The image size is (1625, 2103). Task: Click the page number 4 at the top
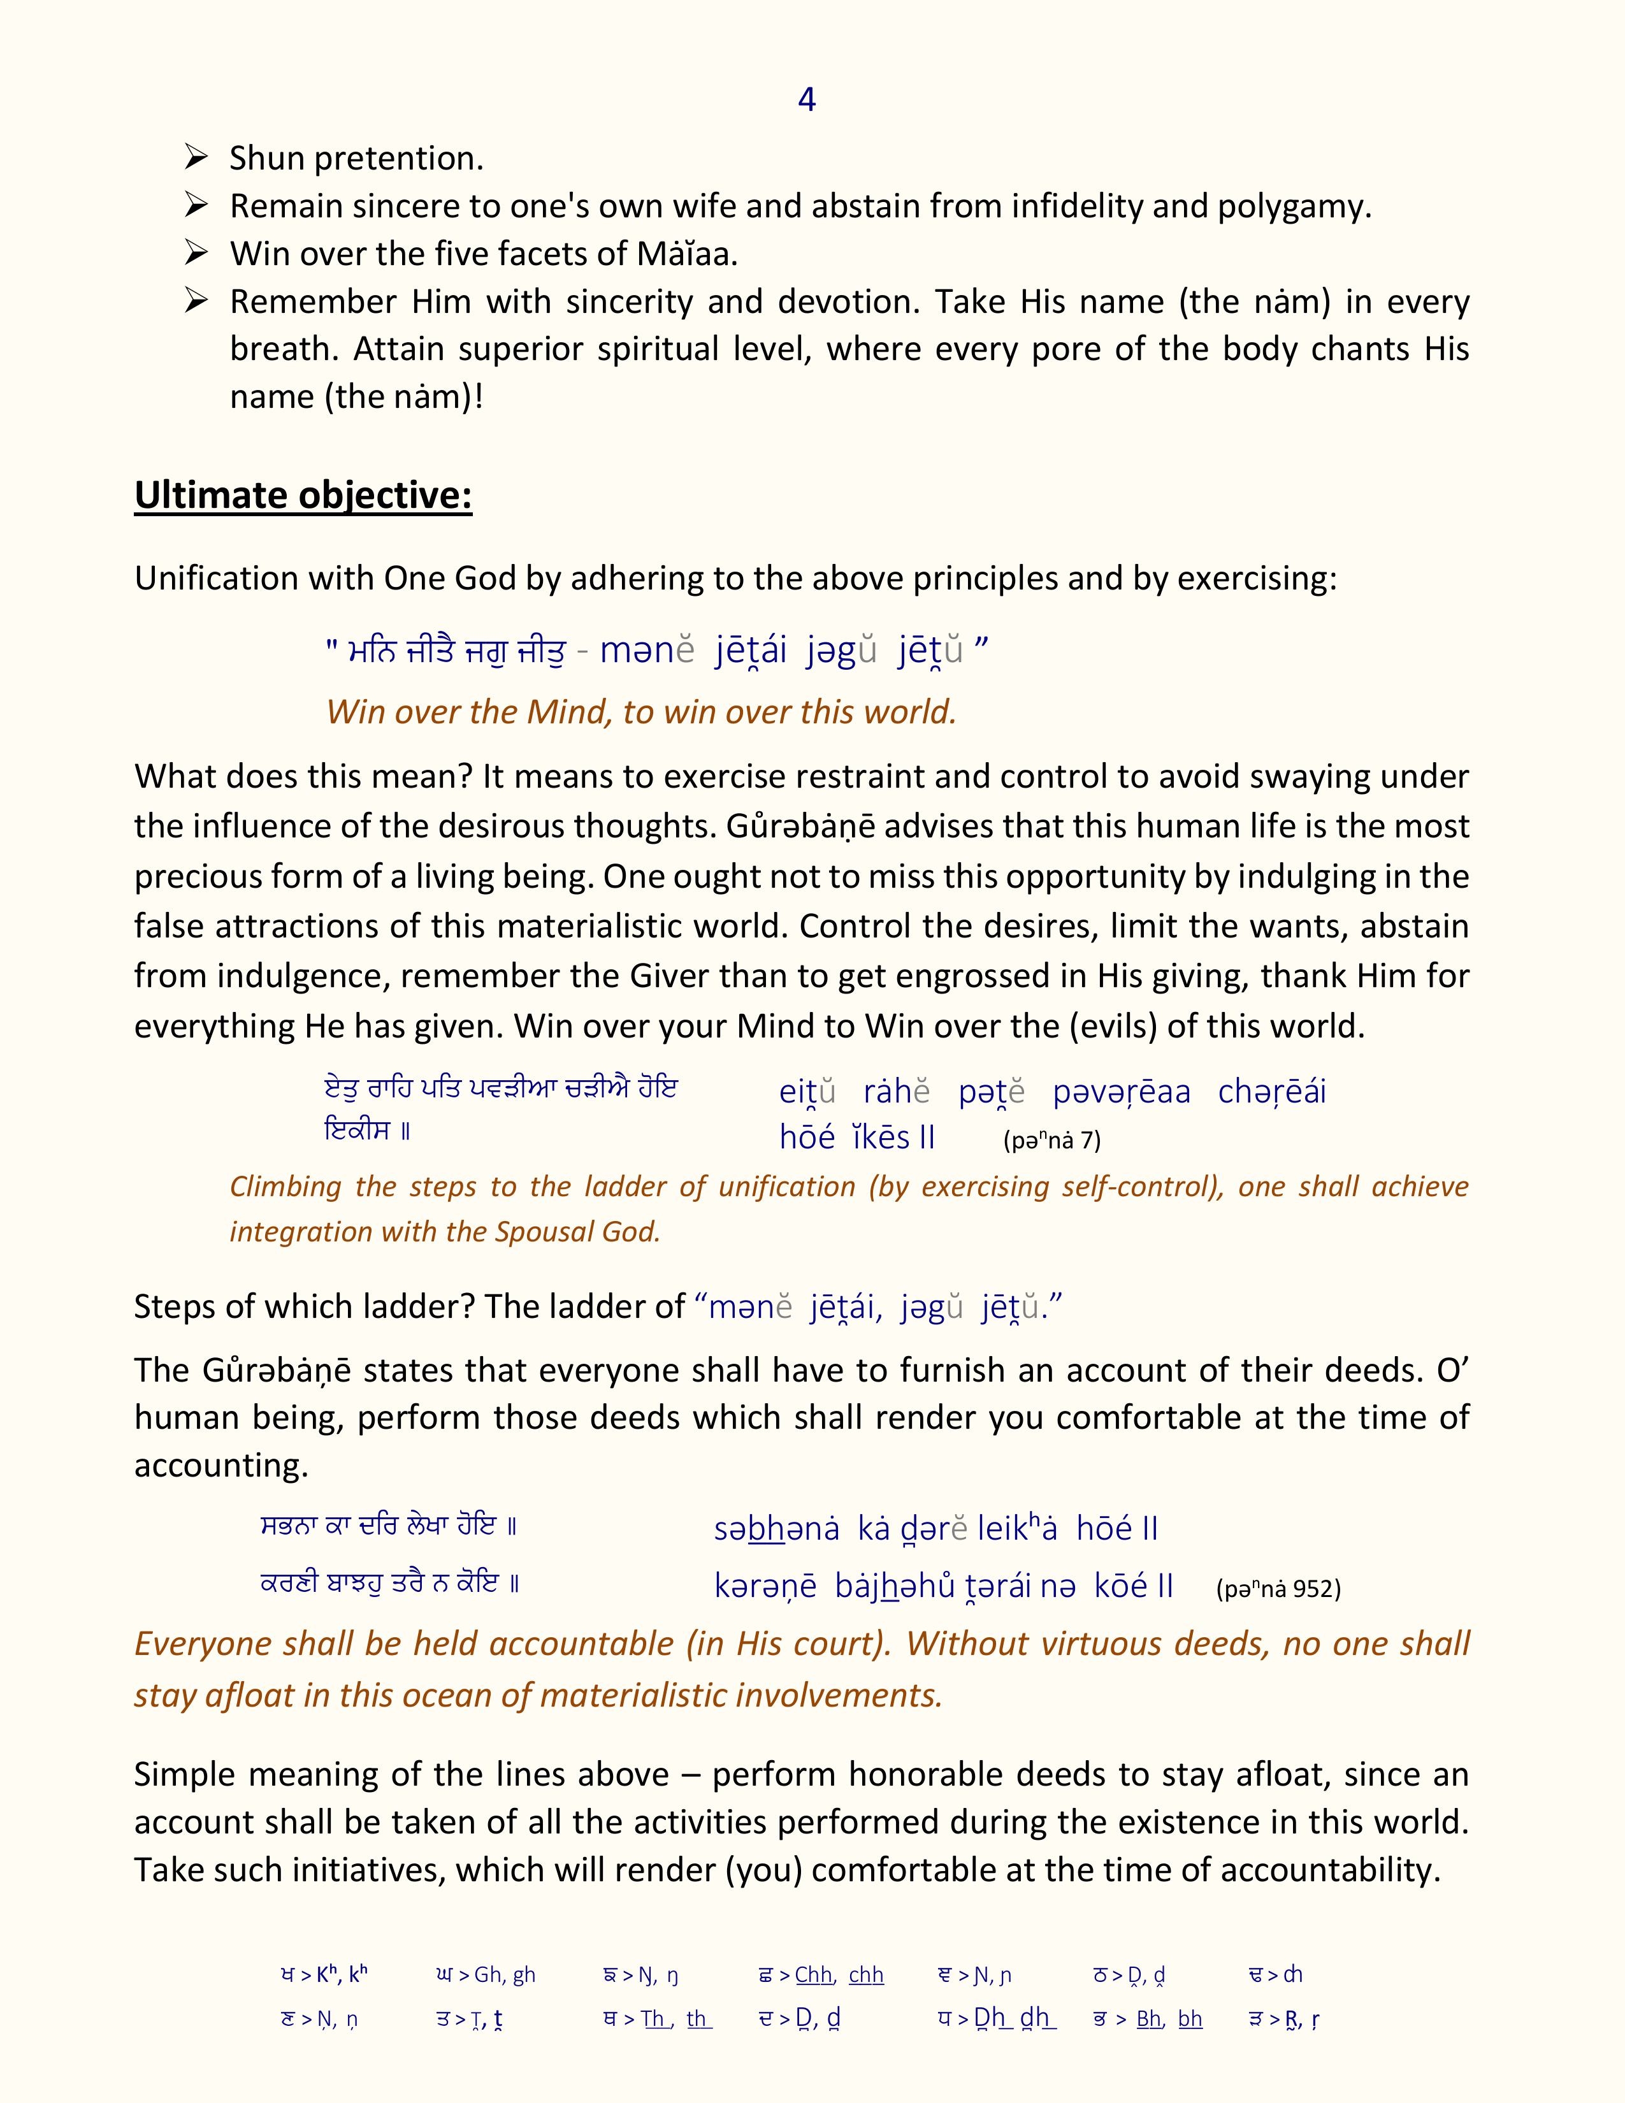807,99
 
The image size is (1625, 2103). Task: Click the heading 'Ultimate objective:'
303,495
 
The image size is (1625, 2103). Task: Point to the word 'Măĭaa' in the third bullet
686,254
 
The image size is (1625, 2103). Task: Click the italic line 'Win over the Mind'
641,712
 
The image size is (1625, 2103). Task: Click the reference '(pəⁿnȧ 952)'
1278,1589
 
